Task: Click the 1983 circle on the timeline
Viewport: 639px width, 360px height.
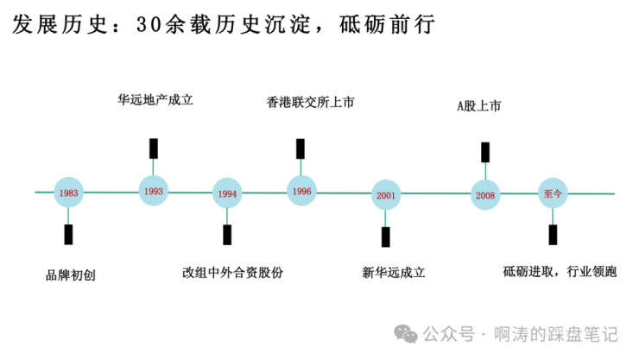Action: click(x=70, y=193)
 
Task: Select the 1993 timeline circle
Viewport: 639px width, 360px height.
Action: click(x=155, y=190)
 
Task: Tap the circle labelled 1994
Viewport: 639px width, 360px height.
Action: click(x=228, y=193)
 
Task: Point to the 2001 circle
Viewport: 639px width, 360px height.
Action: click(x=386, y=195)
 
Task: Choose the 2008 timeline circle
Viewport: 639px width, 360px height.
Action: click(x=485, y=195)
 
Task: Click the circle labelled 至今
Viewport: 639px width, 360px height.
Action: click(x=553, y=193)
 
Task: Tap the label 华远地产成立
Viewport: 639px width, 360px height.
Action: click(x=155, y=99)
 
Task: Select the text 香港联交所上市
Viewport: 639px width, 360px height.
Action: click(x=310, y=102)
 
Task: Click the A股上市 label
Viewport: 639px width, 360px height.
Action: click(x=478, y=106)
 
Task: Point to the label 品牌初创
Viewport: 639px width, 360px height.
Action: click(x=70, y=276)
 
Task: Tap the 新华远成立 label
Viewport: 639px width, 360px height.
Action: click(x=394, y=273)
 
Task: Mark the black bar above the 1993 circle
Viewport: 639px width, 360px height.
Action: click(x=154, y=148)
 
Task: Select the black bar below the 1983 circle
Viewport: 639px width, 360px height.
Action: click(x=68, y=234)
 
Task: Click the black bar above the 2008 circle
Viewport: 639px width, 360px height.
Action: click(x=485, y=153)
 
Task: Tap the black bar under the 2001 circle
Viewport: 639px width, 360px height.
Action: click(x=386, y=237)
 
